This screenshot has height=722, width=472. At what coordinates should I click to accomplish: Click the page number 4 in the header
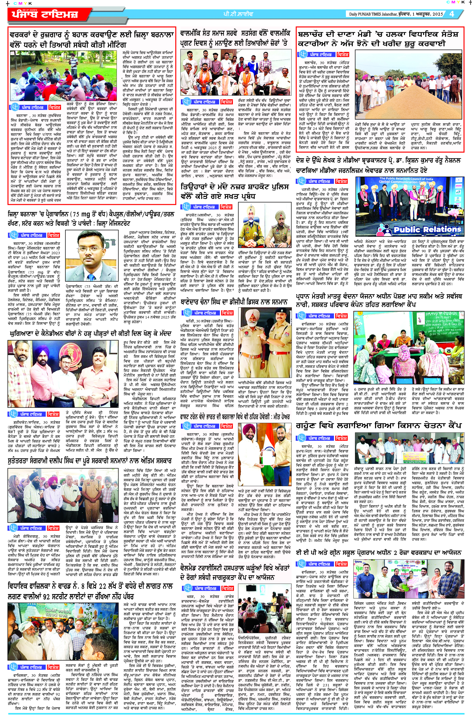(x=452, y=14)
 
